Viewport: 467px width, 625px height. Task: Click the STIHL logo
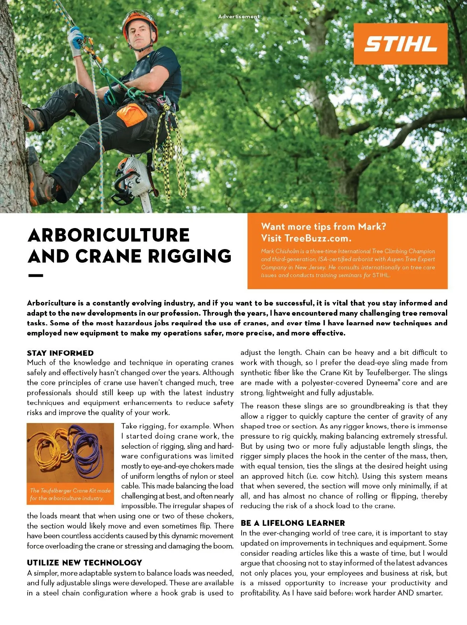point(400,44)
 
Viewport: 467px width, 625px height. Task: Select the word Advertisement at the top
point(239,16)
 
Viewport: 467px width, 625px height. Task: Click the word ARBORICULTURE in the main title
point(109,235)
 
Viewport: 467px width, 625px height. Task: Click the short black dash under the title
point(35,276)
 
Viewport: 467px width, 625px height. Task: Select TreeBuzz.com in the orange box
point(317,238)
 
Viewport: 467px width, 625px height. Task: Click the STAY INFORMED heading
point(60,353)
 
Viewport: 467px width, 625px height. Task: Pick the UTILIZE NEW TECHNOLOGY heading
point(84,562)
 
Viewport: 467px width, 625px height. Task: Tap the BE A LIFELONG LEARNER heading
point(293,523)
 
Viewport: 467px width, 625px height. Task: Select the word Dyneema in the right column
point(382,383)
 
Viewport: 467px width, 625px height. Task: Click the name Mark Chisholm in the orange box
point(280,251)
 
